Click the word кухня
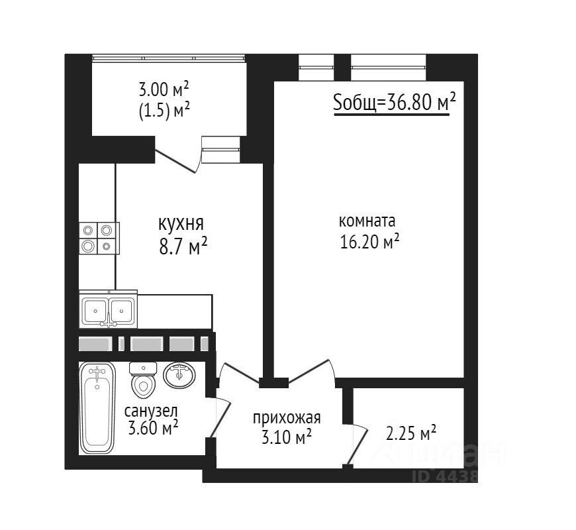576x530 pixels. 181,224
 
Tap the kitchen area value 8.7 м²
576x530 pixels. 183,246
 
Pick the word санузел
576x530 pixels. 152,411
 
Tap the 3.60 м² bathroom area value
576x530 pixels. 153,428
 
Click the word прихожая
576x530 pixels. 287,418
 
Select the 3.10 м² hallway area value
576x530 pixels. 287,437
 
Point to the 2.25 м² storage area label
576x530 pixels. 411,433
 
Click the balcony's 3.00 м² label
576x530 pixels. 164,89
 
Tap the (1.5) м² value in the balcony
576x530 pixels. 164,110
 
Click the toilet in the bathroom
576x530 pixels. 143,380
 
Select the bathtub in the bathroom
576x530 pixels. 97,408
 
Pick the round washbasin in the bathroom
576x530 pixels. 179,375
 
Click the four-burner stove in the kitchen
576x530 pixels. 99,238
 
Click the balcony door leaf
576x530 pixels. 175,160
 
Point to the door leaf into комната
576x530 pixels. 308,371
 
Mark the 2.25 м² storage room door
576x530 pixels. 357,445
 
